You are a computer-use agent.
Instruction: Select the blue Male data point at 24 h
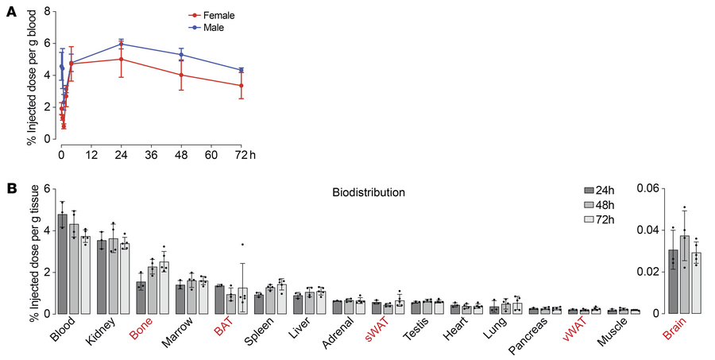pyautogui.click(x=121, y=44)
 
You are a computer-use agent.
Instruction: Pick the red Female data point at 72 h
pyautogui.click(x=241, y=86)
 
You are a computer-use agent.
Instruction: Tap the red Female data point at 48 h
pyautogui.click(x=181, y=75)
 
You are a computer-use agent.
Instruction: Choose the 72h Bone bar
pyautogui.click(x=164, y=287)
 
